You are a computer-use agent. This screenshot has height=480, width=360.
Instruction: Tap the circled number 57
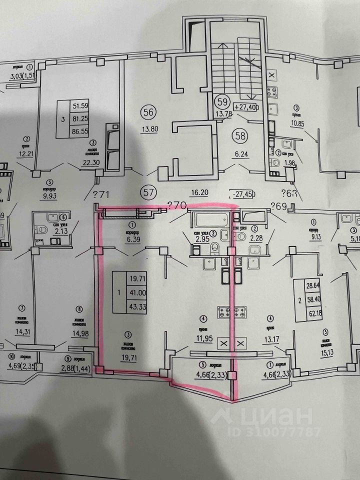(x=147, y=190)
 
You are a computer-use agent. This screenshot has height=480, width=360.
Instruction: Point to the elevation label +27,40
(x=245, y=107)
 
